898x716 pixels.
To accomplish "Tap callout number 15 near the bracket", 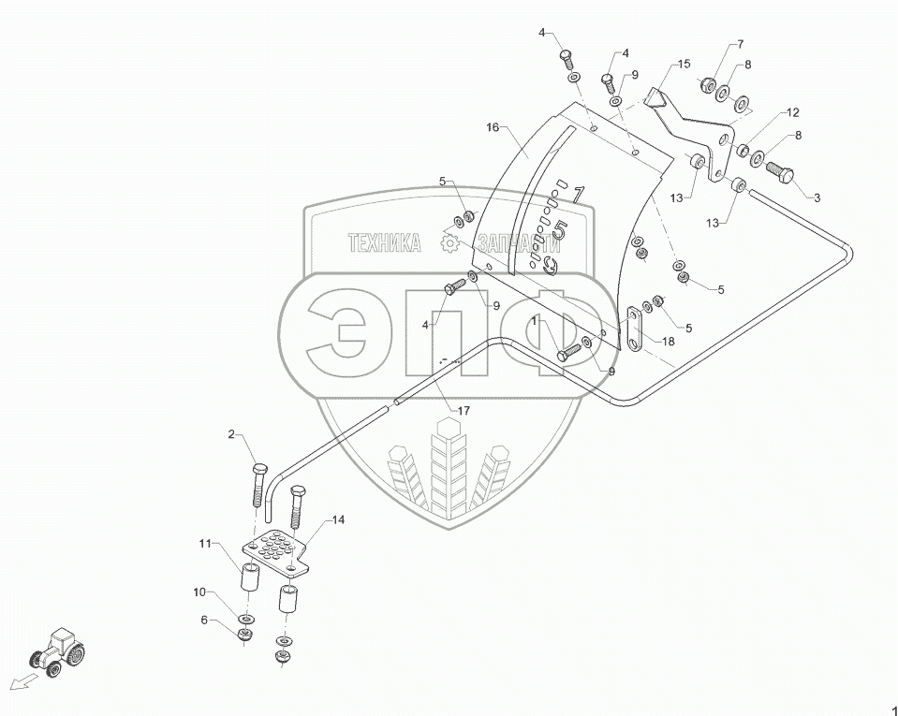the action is [684, 64].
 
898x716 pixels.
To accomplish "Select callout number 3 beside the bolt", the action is [817, 197].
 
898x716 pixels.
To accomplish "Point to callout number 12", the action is [792, 112].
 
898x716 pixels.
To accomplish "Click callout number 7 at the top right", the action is [740, 44].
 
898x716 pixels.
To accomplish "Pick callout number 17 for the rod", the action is [464, 410].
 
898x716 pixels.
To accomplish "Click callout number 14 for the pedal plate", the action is [337, 519].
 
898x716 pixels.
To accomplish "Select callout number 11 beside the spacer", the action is [204, 543].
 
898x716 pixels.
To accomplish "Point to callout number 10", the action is [199, 592].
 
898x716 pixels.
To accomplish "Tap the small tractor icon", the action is [57, 651].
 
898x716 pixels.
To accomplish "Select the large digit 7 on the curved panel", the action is [578, 193].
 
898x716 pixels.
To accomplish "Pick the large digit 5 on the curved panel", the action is [560, 228].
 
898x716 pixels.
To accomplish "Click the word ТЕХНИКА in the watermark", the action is [385, 244].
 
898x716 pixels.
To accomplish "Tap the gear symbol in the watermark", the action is [449, 244].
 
